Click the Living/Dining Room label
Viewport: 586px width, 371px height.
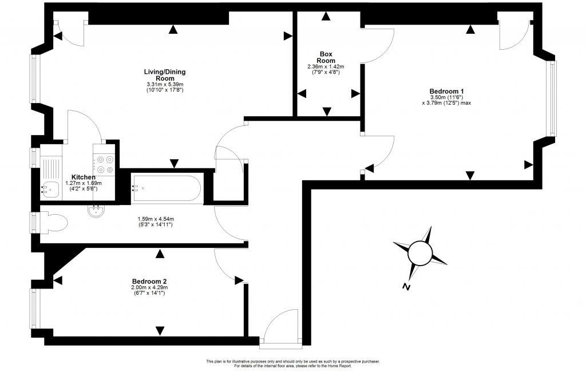(x=165, y=74)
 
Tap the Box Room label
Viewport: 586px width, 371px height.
(x=326, y=57)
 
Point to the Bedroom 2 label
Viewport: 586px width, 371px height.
(x=149, y=281)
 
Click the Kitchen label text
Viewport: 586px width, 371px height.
(x=84, y=177)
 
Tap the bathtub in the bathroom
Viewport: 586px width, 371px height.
(x=166, y=188)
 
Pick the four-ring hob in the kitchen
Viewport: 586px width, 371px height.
(x=105, y=164)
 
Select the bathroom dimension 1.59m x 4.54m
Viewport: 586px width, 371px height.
(x=156, y=222)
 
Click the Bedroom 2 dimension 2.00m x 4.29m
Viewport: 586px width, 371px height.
(x=149, y=290)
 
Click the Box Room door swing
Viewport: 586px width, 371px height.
(x=377, y=46)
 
